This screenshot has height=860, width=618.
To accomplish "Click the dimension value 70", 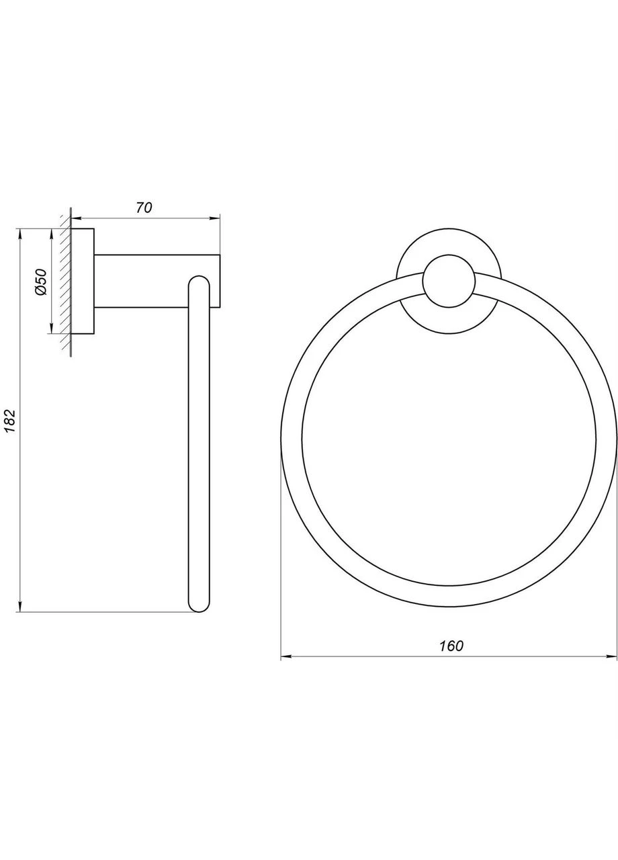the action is [144, 208].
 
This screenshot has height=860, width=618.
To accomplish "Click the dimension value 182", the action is [9, 421].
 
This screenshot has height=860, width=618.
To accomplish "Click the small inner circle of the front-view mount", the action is [448, 281].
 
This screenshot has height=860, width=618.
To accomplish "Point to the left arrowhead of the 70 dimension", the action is [77, 218].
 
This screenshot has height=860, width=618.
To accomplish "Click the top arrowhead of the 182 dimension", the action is [19, 234].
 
